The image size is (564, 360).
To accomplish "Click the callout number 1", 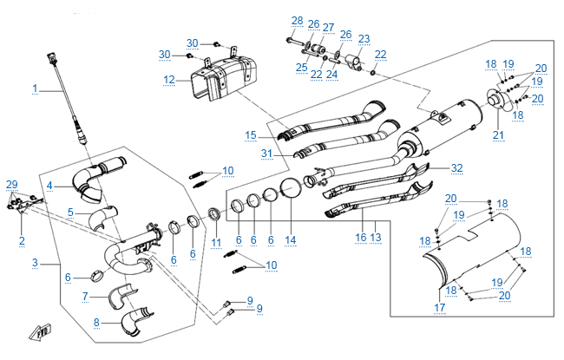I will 36,88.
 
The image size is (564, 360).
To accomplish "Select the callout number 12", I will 169,80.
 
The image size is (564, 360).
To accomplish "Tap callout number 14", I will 291,239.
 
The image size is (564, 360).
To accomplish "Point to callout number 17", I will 438,306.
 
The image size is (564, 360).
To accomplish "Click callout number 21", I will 498,134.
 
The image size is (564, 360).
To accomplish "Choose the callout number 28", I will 298,21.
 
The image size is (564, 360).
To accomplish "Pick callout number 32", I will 457,168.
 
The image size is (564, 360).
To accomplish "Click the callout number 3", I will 36,262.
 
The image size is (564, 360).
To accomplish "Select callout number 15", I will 250,135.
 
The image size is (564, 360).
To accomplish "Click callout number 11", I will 216,241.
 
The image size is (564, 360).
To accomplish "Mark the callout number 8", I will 97,323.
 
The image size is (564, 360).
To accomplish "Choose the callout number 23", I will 364,38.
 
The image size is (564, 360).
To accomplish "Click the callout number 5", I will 71,212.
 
